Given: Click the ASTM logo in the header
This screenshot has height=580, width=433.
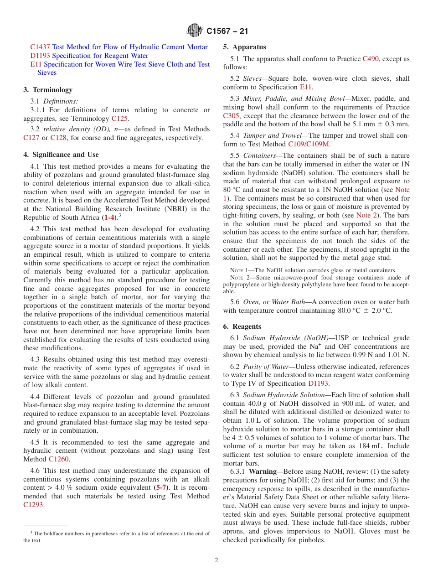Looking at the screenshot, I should pos(195,31).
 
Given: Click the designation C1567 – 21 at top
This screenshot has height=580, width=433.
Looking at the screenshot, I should pos(227,31).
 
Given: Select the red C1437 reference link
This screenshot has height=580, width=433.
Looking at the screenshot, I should pos(40,47).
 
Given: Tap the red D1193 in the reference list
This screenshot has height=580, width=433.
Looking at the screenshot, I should pos(40,56).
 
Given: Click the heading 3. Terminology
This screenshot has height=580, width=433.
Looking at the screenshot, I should pos(48,90).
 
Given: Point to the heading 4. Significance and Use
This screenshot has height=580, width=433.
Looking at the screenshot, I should pos(61,155).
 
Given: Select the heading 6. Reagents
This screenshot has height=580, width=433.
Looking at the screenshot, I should pos(242,326).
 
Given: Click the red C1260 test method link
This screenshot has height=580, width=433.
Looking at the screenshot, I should pos(58,459).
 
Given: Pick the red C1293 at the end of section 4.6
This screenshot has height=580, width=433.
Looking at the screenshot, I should pos(33,505).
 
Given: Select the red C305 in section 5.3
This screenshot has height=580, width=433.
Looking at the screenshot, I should pos(231,116).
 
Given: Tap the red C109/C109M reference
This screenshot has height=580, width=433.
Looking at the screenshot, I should pos(309,144).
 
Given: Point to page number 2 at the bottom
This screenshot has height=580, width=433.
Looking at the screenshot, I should pos(216,560).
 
